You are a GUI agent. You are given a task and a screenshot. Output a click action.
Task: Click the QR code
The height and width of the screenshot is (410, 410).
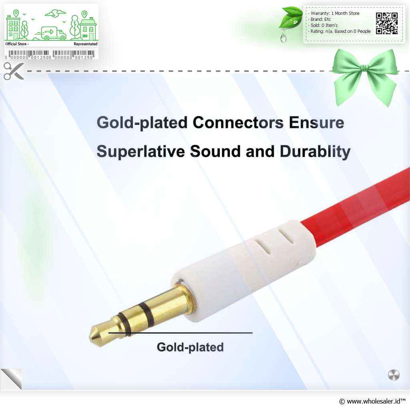pos(387,23)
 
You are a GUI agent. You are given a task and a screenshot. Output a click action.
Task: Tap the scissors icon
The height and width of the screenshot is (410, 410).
pos(14,71)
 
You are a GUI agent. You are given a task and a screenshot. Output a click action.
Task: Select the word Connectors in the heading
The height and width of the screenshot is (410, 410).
pos(238,123)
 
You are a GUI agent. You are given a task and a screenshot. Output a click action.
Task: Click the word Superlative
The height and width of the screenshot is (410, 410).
pos(141,151)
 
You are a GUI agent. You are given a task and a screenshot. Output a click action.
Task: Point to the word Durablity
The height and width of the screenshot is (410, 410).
pos(315,152)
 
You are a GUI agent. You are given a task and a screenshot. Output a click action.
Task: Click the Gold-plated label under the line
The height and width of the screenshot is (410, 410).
pos(190,348)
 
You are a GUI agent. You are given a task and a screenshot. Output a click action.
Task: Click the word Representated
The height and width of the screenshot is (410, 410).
pos(86,44)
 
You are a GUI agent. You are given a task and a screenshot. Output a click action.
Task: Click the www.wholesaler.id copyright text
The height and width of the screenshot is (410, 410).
pos(372,401)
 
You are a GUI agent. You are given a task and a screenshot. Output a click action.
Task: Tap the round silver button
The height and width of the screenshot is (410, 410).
pos(394,375)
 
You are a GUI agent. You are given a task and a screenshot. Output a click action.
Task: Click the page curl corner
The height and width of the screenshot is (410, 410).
pos(11,379)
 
